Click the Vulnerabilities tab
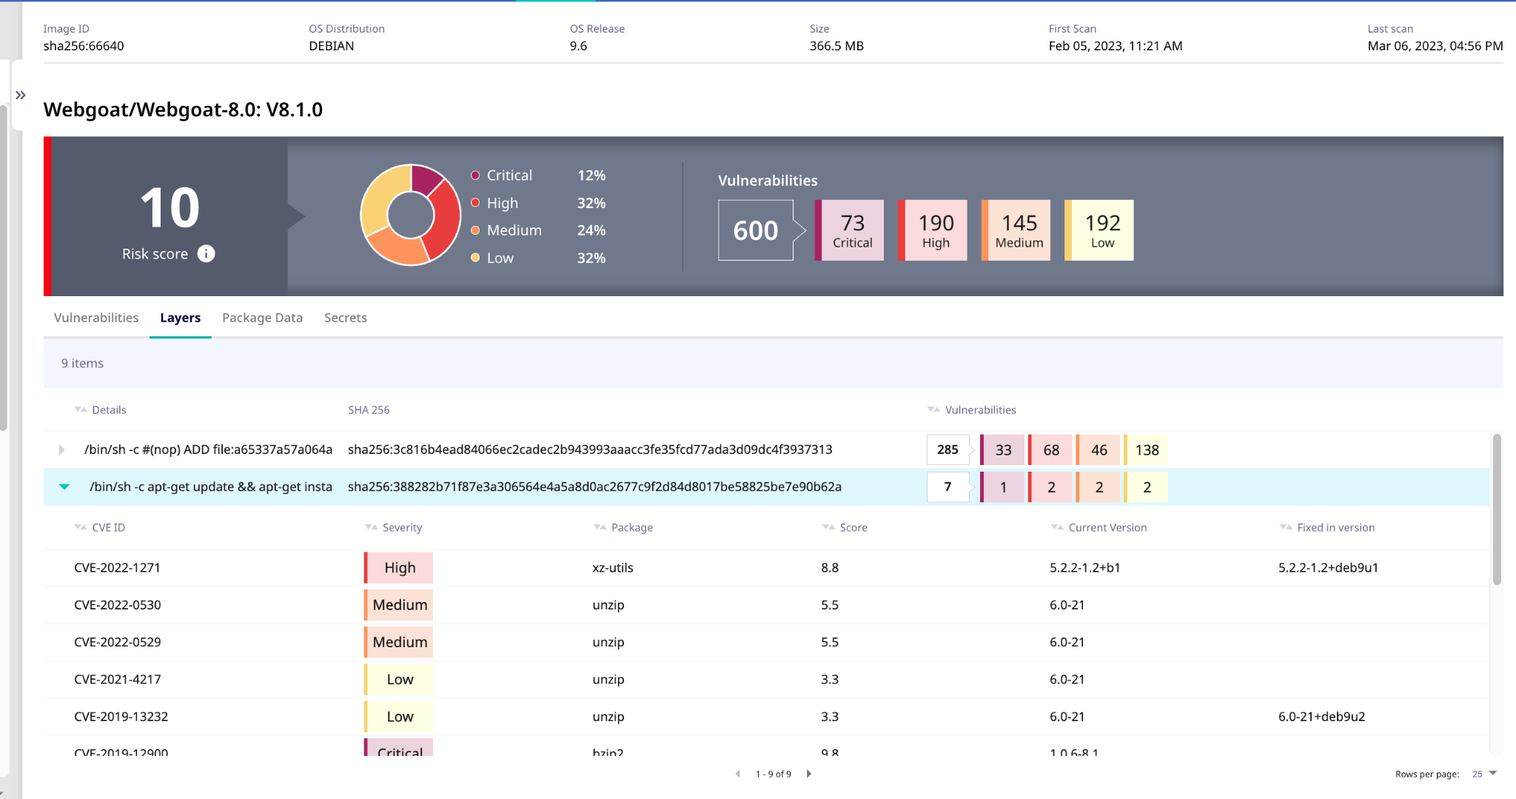96,318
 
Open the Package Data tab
262,318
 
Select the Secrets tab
345,318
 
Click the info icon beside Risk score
207,254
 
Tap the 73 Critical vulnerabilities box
851,230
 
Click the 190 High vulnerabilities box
935,230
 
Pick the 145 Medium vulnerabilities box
1019,230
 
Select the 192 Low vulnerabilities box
1101,230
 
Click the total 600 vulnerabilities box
755,230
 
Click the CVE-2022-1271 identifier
117,568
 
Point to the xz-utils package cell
613,568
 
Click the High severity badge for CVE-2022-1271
400,568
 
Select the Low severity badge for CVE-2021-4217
400,679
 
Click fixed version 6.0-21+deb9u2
1321,716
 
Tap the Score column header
853,527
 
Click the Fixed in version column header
1335,527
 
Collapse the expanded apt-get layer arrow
64,487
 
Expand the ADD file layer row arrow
61,449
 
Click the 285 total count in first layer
947,449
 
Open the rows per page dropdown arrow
1493,773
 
